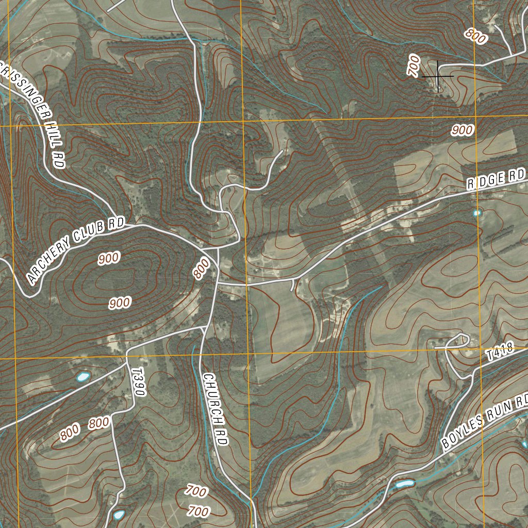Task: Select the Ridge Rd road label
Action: coord(496,179)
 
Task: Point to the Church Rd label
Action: coord(215,409)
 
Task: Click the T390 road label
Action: coord(138,382)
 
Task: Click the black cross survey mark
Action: coord(438,76)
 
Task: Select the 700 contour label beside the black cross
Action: coord(413,65)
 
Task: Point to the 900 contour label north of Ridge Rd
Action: coord(461,130)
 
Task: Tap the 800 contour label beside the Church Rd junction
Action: coord(202,269)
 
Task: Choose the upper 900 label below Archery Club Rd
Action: coord(108,258)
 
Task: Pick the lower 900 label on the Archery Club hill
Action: coord(120,303)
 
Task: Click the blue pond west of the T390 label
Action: coord(82,377)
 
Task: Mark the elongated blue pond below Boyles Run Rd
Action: coord(405,484)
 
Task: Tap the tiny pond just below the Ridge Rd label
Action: coord(477,212)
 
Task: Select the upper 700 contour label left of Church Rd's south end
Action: coord(196,490)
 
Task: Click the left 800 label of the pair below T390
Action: coord(70,432)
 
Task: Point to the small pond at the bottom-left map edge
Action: coord(119,515)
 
